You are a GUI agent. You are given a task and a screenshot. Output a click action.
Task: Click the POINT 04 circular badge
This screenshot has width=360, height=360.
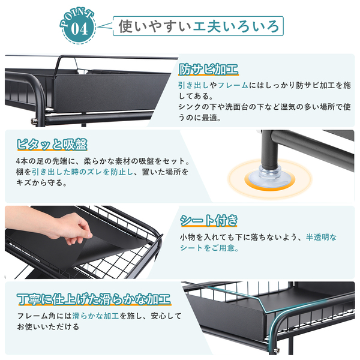pos(78,26)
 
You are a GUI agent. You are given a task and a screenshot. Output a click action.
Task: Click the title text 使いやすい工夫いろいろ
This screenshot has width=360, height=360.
pos(199,26)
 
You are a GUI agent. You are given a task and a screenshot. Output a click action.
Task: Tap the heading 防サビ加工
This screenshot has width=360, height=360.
pos(208,70)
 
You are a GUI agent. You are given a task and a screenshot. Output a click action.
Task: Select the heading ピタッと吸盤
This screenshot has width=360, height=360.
pos(52,145)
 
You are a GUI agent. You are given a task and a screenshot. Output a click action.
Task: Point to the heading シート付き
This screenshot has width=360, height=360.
pos(209,221)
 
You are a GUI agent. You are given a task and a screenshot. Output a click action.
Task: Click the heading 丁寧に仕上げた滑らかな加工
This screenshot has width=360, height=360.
pos(94,299)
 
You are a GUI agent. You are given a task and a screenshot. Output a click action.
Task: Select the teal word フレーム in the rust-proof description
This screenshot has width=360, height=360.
pos(233,85)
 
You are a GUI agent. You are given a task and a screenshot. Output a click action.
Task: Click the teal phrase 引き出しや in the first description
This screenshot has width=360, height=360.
pos(197,85)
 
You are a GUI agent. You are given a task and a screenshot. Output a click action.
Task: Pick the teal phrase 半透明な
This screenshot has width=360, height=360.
pos(321,237)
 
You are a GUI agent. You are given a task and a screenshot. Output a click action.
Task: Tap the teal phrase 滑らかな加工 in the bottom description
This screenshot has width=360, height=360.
pos(95,316)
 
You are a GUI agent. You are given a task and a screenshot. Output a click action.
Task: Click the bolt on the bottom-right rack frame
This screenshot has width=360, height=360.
pos(277,350)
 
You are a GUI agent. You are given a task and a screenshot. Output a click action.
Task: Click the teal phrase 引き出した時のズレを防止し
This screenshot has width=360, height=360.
pos(82,172)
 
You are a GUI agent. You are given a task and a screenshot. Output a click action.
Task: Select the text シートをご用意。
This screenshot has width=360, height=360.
pos(209,248)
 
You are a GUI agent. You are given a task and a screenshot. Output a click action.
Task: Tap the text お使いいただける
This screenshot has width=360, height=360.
pos(48,327)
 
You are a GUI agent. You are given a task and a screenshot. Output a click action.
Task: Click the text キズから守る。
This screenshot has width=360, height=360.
pos(41,183)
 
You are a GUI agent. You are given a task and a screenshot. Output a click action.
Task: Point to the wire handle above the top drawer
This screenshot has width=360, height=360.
pos(67,64)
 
